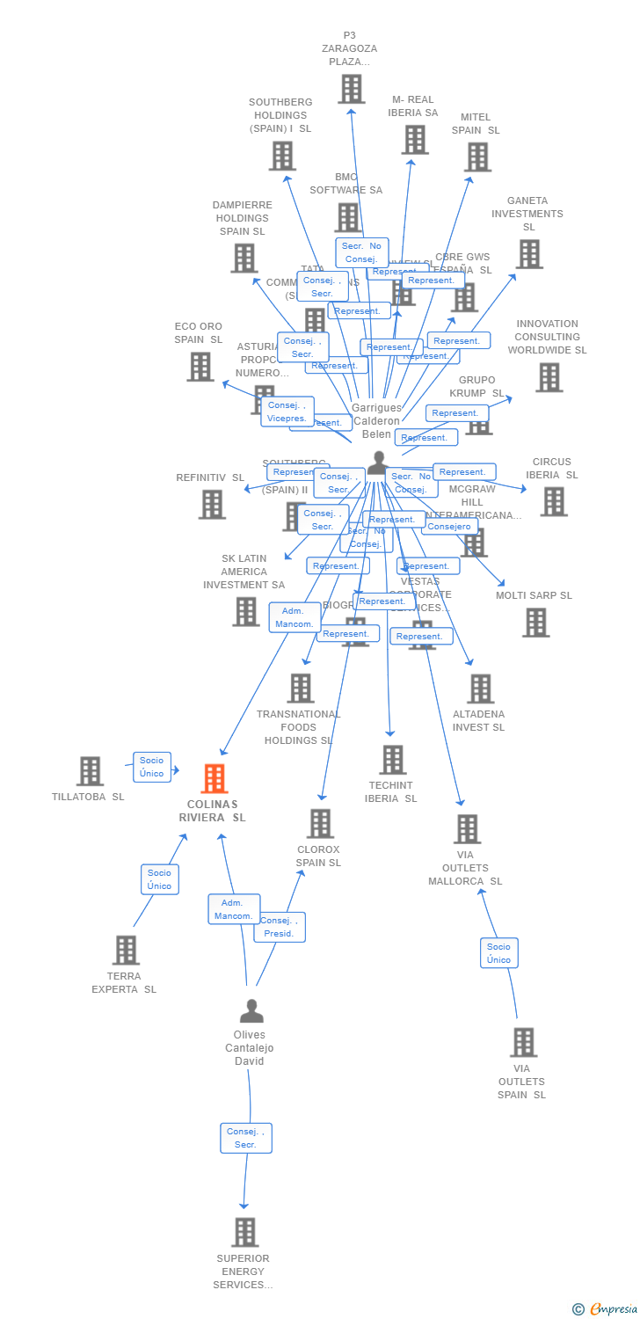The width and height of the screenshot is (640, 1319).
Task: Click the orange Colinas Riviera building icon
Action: [215, 779]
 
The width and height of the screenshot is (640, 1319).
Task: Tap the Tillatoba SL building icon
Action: [90, 771]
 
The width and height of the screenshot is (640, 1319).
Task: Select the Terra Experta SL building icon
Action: [126, 951]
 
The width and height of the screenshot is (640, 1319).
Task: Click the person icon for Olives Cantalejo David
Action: [251, 1011]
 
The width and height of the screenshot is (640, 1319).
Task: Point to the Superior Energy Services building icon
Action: [244, 1233]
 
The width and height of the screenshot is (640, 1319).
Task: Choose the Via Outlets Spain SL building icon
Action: [523, 1043]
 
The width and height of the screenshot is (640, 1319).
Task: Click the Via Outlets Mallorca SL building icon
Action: [467, 829]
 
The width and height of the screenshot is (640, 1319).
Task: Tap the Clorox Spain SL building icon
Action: [320, 824]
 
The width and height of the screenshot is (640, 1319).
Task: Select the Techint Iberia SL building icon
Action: [392, 760]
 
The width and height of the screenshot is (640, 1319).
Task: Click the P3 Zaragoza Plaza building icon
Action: [351, 89]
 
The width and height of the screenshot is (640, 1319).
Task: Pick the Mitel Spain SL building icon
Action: [477, 157]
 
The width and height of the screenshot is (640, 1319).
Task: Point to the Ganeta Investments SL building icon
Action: [528, 254]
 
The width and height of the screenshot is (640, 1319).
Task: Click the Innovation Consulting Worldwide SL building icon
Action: [549, 377]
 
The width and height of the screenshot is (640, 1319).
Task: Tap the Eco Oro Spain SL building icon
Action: [200, 367]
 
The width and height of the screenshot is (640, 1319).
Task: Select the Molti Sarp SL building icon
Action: [535, 623]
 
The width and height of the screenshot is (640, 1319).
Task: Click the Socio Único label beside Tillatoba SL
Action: [151, 767]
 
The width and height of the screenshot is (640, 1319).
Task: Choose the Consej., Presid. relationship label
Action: [280, 927]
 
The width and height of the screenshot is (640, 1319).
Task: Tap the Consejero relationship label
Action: [449, 527]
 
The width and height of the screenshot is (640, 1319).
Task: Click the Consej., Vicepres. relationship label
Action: [287, 412]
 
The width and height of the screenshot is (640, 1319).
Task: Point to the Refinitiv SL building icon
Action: [211, 505]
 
